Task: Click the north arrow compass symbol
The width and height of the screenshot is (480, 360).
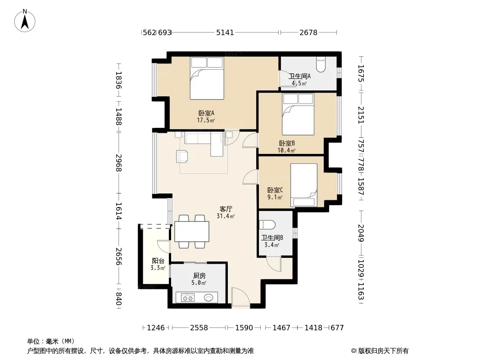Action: [x=25, y=21]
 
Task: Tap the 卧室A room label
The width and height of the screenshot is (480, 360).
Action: [x=206, y=113]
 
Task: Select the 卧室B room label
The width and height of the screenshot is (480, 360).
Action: [x=287, y=143]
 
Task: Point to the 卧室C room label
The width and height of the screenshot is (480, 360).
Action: [x=275, y=190]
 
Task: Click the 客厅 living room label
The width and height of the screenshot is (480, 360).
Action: [x=226, y=209]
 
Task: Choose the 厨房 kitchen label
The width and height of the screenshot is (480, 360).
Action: [x=199, y=276]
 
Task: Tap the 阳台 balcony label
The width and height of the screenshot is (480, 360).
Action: [x=158, y=261]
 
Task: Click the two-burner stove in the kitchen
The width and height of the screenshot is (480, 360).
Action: [x=188, y=297]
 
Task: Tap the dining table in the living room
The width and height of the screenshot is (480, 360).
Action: [x=192, y=232]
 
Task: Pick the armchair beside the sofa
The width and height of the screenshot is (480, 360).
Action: [x=182, y=156]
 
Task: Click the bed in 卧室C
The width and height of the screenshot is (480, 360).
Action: [x=303, y=185]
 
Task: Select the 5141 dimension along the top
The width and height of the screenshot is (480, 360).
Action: [x=225, y=32]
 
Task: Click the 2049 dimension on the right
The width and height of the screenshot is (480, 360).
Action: [x=361, y=233]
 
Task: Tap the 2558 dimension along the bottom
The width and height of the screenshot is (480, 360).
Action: [x=199, y=328]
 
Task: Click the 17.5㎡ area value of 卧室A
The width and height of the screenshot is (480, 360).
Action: [x=206, y=120]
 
